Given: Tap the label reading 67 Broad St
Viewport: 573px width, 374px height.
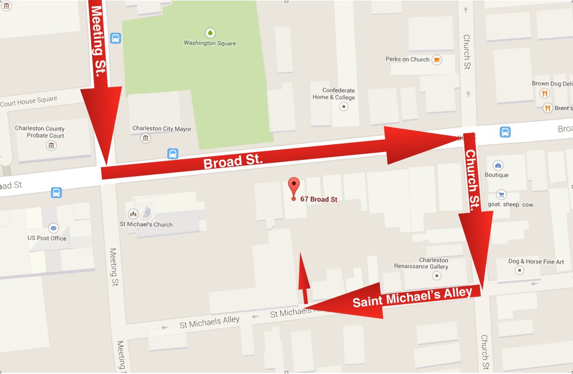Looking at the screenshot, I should pyautogui.click(x=319, y=199).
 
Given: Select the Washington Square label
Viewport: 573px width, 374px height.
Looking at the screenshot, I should pyautogui.click(x=210, y=44).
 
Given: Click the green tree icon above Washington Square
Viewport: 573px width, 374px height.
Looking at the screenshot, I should pyautogui.click(x=210, y=32).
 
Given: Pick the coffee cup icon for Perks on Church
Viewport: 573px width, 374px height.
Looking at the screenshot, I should pyautogui.click(x=436, y=59).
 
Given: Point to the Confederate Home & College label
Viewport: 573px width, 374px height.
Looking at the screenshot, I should pyautogui.click(x=338, y=94).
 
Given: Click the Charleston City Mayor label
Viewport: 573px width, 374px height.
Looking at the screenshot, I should pyautogui.click(x=162, y=129).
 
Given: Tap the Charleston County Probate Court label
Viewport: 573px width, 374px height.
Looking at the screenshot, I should pyautogui.click(x=40, y=132).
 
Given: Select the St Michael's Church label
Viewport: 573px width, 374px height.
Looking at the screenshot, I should pyautogui.click(x=146, y=225).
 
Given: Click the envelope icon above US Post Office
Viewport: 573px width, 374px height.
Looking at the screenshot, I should pyautogui.click(x=53, y=228).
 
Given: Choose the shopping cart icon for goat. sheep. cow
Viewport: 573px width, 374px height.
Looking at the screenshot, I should pyautogui.click(x=500, y=195).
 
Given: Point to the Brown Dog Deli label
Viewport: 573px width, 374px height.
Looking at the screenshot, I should pyautogui.click(x=552, y=84).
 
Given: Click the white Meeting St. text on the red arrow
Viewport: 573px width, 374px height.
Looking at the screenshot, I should pyautogui.click(x=101, y=31).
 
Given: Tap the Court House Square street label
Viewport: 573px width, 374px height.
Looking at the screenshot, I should pyautogui.click(x=29, y=102).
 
